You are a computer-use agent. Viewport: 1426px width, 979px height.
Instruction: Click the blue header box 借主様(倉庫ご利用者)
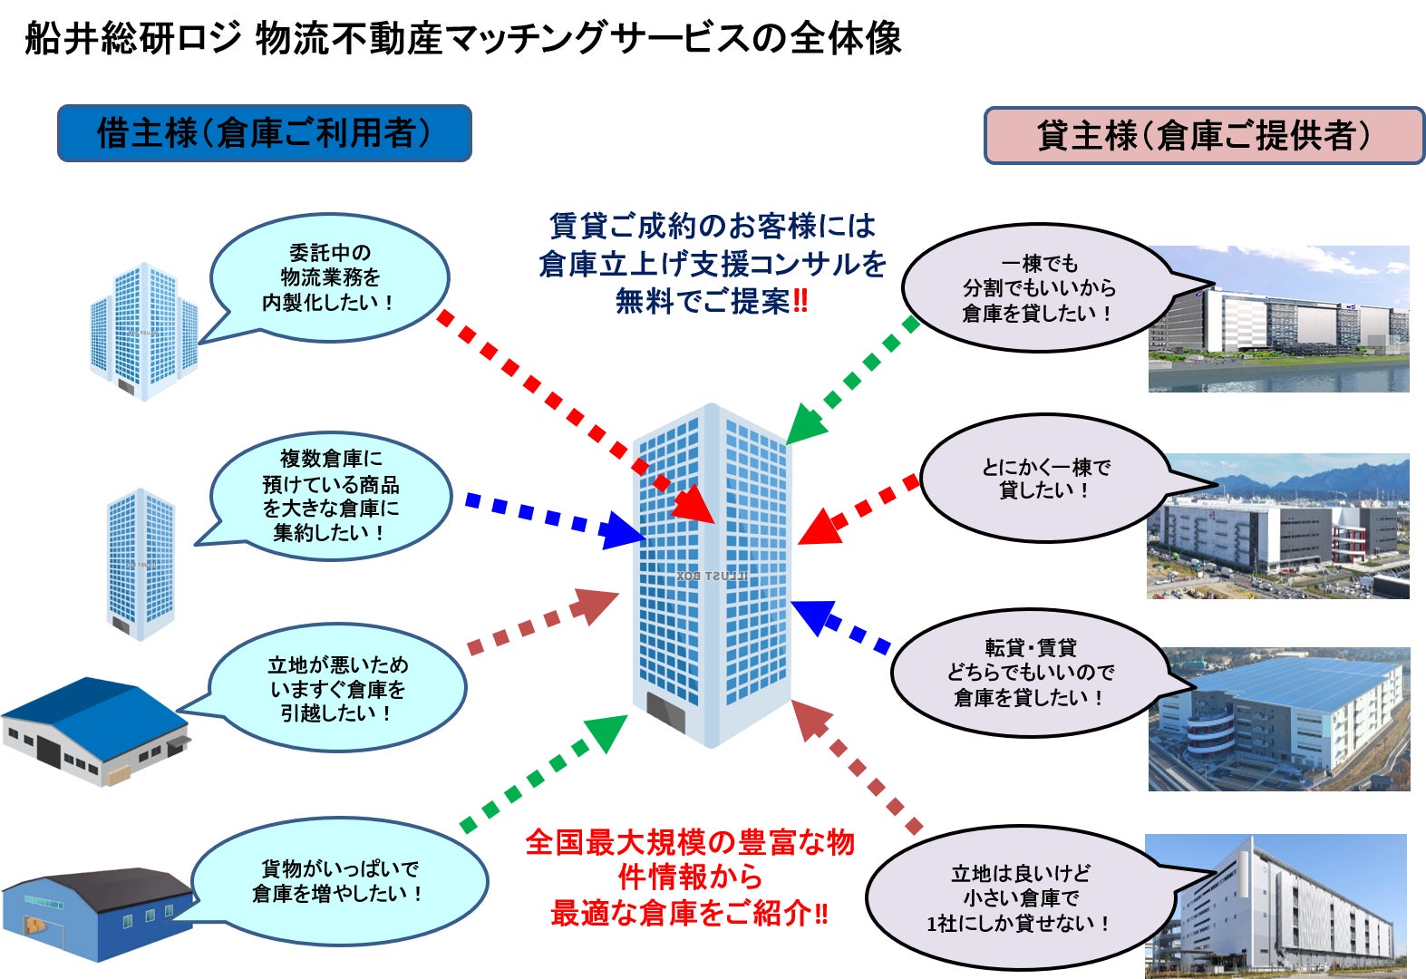tap(264, 133)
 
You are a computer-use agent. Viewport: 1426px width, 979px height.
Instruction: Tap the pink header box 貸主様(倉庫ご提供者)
tap(1204, 136)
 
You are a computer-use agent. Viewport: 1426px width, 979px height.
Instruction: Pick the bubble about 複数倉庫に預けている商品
tap(331, 496)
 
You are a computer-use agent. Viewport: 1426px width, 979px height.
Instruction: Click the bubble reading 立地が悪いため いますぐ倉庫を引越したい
tap(337, 689)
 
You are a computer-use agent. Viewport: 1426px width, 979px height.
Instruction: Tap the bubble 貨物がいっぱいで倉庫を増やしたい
tap(339, 881)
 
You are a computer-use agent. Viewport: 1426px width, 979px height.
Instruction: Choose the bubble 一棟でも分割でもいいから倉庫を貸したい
tap(1038, 288)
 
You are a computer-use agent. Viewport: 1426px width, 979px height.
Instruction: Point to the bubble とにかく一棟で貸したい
tap(1045, 479)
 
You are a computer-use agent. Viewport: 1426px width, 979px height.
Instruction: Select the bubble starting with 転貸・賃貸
tap(1030, 673)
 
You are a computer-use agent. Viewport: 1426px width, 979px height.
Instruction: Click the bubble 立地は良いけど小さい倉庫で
tap(1020, 898)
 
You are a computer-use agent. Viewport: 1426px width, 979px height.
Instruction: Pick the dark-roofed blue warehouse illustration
tap(97, 915)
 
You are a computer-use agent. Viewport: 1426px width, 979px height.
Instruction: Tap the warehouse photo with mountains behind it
tap(1277, 526)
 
